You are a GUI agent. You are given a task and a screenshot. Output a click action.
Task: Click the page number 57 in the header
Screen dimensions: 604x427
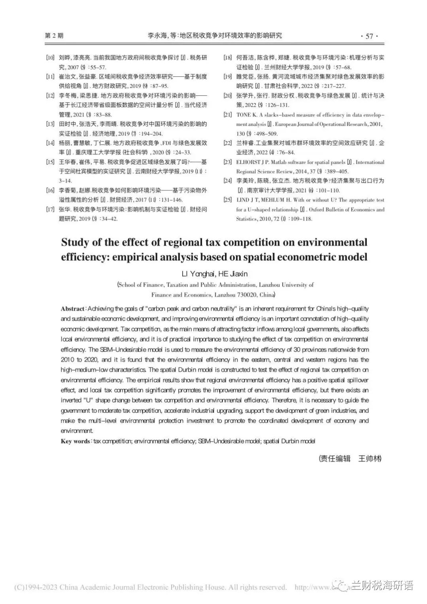369,36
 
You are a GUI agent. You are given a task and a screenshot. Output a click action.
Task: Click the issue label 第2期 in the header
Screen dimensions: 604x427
54,36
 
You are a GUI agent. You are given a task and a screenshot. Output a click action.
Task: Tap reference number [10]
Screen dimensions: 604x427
50,58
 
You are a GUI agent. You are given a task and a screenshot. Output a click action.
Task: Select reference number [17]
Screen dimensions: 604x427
50,209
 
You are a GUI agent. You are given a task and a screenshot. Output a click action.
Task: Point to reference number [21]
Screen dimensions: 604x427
227,115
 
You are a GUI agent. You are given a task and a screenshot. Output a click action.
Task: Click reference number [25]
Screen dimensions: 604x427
227,200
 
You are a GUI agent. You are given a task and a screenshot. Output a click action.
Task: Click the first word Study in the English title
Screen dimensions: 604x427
76,242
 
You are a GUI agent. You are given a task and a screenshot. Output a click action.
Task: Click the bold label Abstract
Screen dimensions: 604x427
73,308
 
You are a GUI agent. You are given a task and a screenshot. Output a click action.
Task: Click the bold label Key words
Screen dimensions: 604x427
75,441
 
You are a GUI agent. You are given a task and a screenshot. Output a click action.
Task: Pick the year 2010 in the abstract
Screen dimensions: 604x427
68,360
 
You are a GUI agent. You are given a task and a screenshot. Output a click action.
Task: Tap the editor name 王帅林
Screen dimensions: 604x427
369,459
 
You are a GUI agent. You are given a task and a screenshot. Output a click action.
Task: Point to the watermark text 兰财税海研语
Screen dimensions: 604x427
382,586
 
